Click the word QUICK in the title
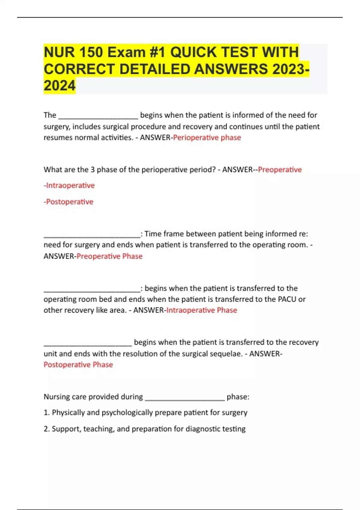[x=193, y=52]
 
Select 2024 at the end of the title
[x=59, y=86]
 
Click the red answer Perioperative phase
[x=207, y=137]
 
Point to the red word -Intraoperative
[x=69, y=185]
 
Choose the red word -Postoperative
[x=69, y=202]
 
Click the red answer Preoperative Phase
[x=109, y=256]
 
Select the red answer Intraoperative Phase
[x=202, y=310]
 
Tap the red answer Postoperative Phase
[x=78, y=364]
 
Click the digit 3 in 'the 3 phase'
[x=93, y=169]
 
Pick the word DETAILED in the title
[x=155, y=69]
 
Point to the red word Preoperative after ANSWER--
[x=280, y=169]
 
